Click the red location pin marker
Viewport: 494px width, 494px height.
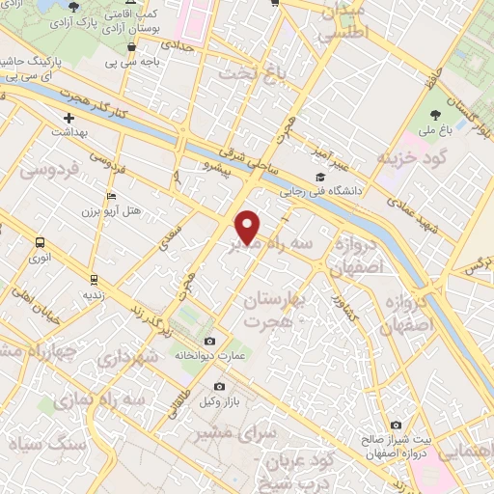[248, 226]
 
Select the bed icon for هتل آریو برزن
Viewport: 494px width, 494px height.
[112, 197]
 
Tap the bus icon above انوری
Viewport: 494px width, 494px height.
[40, 243]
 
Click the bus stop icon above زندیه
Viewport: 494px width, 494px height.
[93, 279]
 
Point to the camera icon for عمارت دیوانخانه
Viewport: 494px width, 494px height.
[210, 341]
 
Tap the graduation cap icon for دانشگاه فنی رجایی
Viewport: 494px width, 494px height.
[319, 177]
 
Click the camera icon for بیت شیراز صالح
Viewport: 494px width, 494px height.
[396, 425]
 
